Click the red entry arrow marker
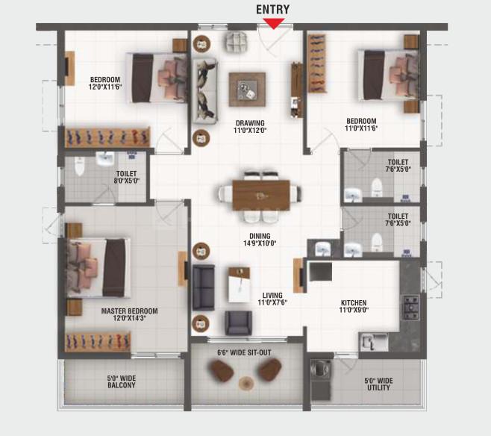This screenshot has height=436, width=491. [x=274, y=23]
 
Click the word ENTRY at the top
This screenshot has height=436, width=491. [x=273, y=9]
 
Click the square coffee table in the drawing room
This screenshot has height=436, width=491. [x=247, y=89]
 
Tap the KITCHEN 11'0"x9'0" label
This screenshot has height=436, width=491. [x=354, y=307]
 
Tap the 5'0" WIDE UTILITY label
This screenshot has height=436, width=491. [x=378, y=384]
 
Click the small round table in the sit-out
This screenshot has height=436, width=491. [x=246, y=383]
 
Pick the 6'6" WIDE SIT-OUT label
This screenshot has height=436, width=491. [x=245, y=352]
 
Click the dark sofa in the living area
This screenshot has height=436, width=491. [x=203, y=287]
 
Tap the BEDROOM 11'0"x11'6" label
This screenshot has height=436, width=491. [x=360, y=125]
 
